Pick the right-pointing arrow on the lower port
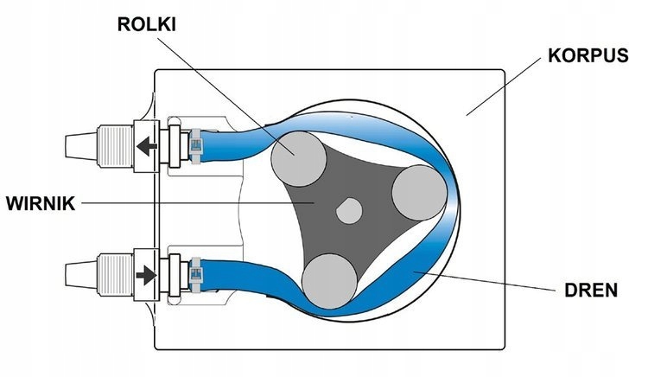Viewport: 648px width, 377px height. (x=147, y=274)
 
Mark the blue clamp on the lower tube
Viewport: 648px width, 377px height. (x=197, y=273)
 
